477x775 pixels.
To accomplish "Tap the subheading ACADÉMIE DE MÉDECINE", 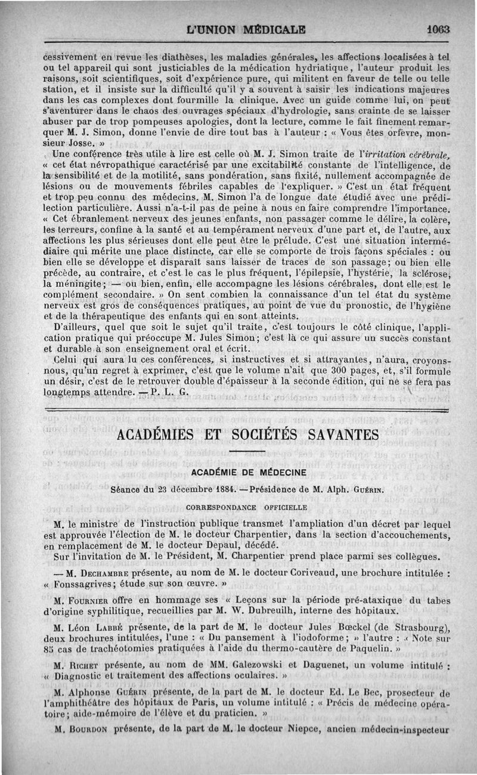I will [249, 472].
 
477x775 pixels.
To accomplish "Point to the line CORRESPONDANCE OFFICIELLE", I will [246, 508].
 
